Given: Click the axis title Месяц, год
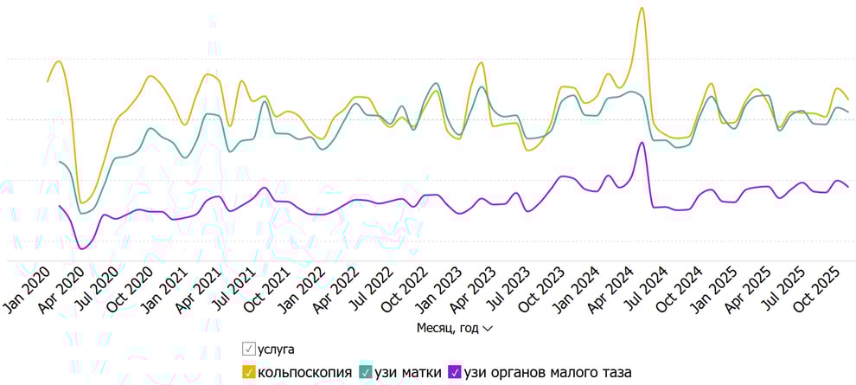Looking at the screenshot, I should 447,329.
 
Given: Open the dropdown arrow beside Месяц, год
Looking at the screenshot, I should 488,330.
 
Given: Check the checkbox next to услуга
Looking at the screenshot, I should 249,350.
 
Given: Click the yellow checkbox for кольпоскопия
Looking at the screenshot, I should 249,373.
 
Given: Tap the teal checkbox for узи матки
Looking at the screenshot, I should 366,373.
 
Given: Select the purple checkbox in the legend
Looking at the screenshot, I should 454,373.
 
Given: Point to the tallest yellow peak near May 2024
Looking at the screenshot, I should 642,8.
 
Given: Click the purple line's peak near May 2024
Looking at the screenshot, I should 642,143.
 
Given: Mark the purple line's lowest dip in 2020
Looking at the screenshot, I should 83,249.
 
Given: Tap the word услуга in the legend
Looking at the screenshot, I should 277,350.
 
